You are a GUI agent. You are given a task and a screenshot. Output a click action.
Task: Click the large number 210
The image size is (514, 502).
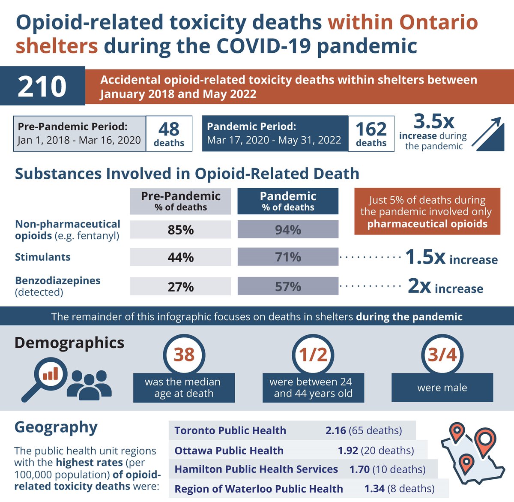42,86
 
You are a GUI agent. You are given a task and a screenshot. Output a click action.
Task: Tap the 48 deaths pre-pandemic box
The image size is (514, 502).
169,133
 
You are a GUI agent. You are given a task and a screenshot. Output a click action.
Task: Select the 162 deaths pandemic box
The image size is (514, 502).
371,133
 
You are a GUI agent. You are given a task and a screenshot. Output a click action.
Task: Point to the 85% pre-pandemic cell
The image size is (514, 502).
180,230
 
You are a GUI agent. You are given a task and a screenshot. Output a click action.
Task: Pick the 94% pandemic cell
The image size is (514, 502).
288,230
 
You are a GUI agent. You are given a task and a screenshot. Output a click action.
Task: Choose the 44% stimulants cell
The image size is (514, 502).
180,257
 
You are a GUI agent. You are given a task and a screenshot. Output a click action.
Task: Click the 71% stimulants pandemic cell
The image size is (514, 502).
288,257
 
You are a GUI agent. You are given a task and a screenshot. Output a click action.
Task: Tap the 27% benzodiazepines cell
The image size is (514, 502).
180,286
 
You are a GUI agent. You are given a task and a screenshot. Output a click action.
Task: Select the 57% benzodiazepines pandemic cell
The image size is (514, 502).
288,286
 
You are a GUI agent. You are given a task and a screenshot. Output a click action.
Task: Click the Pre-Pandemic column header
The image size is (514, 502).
180,201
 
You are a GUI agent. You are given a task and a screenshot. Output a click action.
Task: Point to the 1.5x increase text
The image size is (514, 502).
451,258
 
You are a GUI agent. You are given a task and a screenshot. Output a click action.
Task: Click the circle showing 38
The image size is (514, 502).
184,355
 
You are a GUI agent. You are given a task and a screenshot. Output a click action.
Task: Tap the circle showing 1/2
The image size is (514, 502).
313,355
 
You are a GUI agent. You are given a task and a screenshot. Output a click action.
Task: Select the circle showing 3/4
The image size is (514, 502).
442,355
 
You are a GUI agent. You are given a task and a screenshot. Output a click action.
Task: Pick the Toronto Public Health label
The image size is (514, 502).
230,430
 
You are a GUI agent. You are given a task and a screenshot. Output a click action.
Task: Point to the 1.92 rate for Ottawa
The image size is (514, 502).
348,451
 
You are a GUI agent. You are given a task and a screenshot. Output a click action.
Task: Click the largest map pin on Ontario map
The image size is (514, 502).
485,440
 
